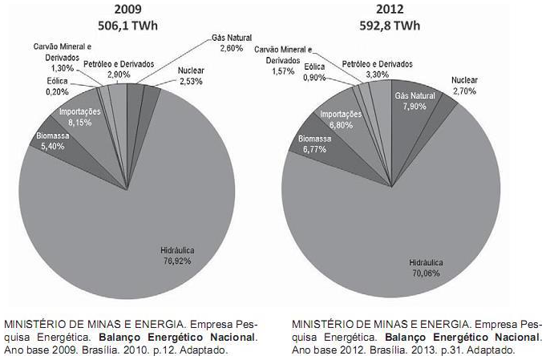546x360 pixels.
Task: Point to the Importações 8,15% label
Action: (x=79, y=117)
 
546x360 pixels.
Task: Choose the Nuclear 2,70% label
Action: (x=463, y=86)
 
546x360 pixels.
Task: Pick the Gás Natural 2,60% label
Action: (x=230, y=42)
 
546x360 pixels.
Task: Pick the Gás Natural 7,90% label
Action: (x=415, y=101)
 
